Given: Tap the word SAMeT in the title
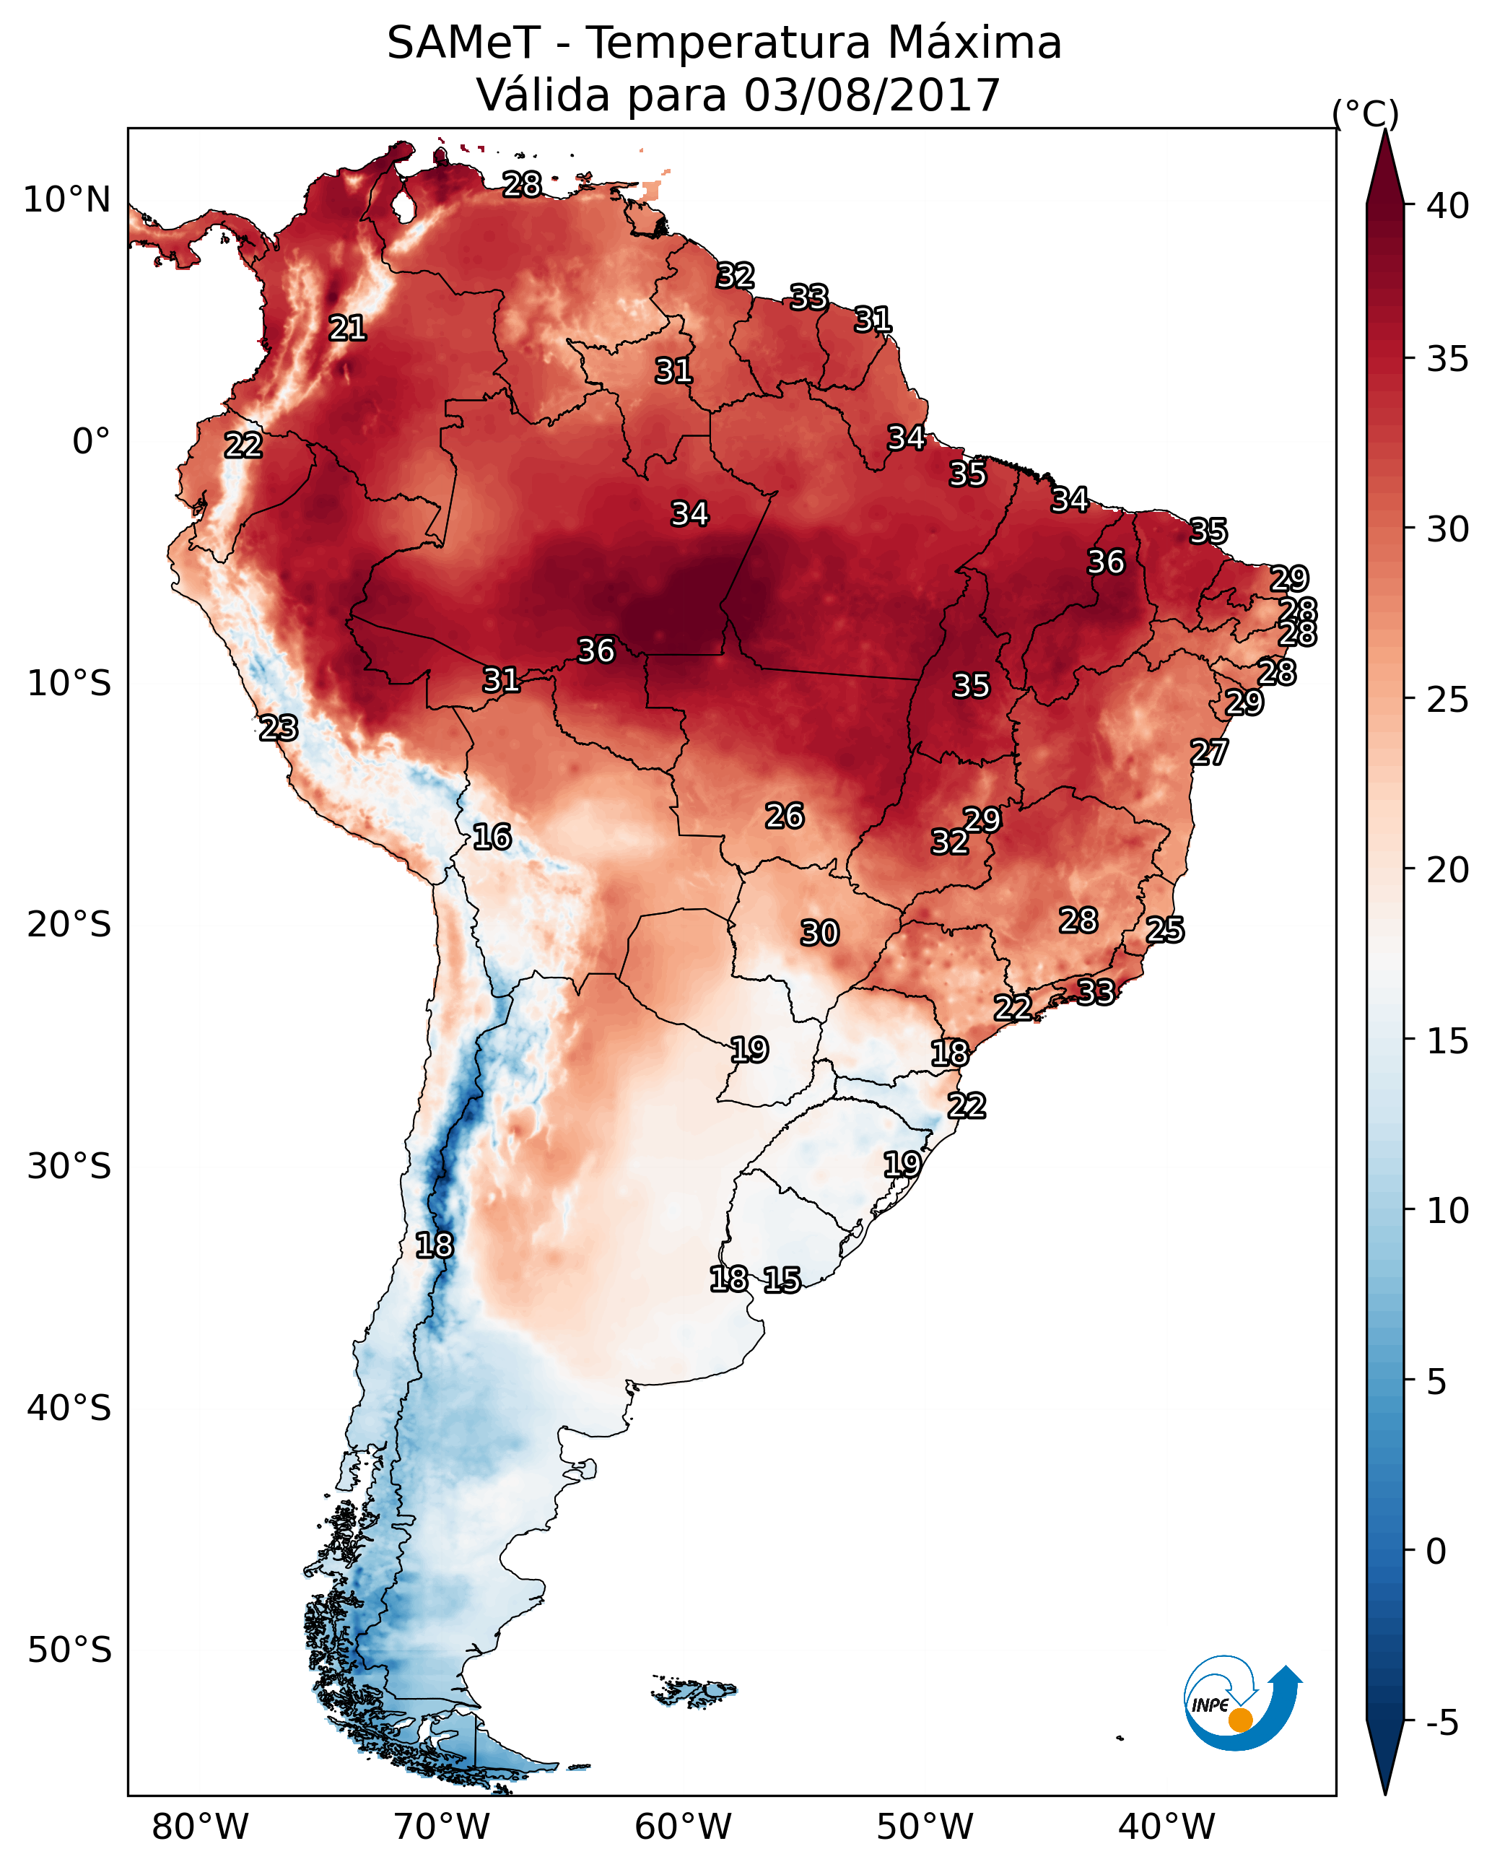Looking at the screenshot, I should coord(463,43).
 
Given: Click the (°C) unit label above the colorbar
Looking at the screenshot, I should coord(1365,113).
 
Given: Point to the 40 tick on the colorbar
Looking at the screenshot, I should coord(1448,206).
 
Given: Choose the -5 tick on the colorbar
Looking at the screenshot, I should coord(1441,1723).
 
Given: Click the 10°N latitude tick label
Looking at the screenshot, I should coord(66,200).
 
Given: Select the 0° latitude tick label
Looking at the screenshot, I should coord(91,442).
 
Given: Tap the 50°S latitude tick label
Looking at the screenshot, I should coord(69,1650).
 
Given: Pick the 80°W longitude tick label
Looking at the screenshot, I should coord(200,1827).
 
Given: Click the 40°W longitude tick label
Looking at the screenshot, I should coord(1166,1827).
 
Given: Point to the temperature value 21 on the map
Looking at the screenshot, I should coord(347,328).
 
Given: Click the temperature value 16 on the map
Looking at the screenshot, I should coord(492,837).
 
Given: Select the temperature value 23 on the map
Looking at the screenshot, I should coord(279,728).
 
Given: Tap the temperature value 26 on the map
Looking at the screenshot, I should coord(785,816).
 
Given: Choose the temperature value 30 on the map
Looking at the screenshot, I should coord(819,933).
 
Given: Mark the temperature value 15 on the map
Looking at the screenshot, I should coord(782,1280).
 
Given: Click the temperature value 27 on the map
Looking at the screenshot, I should coord(1209,752).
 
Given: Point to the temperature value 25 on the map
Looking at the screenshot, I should coord(1165,930).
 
